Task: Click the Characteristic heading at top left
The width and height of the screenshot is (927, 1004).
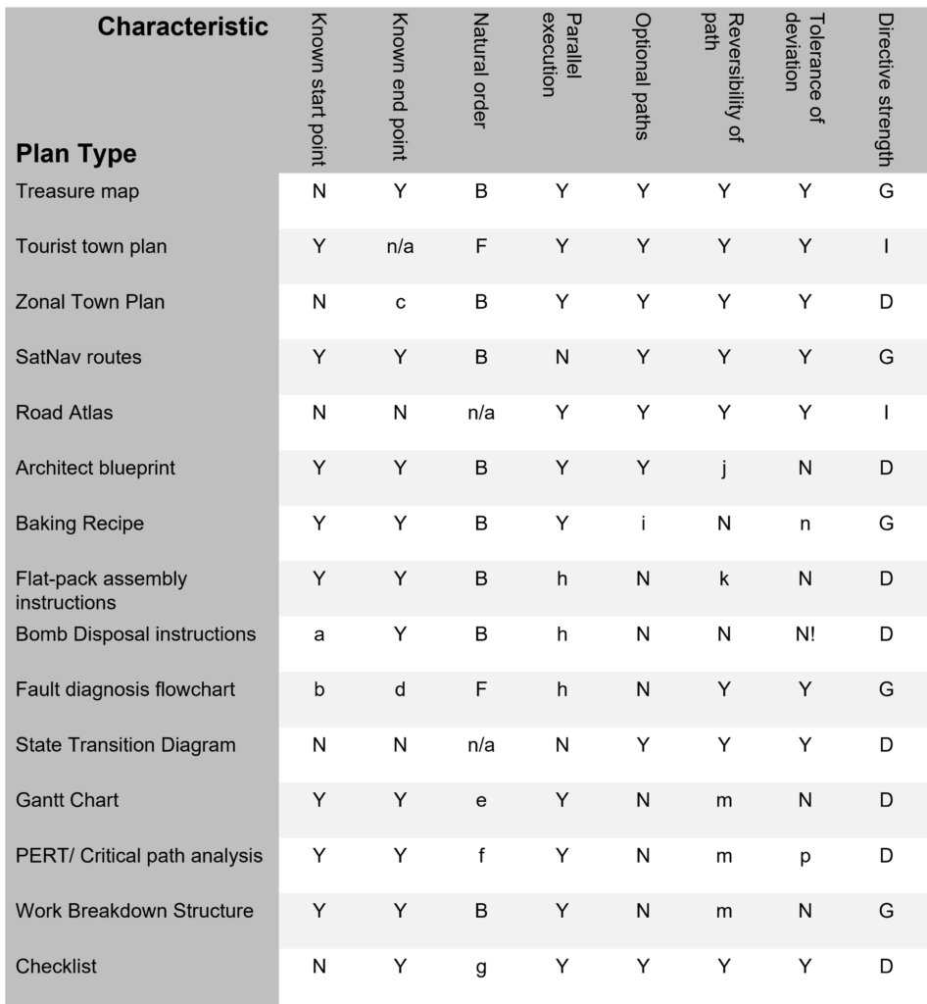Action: click(x=182, y=26)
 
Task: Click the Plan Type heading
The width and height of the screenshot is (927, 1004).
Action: click(x=75, y=154)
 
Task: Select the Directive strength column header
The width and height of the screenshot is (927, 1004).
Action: click(x=885, y=88)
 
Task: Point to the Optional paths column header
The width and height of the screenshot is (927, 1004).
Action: click(x=642, y=76)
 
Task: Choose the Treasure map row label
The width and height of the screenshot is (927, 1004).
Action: click(x=77, y=191)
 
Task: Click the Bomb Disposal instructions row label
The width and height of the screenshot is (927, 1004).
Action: click(x=135, y=634)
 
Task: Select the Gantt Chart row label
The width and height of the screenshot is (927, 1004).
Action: click(x=67, y=800)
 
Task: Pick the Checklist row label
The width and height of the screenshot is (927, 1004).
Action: click(x=56, y=966)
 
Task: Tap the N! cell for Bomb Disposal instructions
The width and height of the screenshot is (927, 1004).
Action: click(x=805, y=635)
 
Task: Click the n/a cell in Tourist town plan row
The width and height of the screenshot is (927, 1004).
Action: click(x=400, y=247)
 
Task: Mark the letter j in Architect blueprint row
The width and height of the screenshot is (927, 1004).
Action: click(x=723, y=469)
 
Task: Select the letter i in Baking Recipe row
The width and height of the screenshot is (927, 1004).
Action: click(x=643, y=524)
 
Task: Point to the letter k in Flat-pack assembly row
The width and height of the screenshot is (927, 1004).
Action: click(x=723, y=579)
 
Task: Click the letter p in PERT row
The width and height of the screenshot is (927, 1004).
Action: click(x=805, y=857)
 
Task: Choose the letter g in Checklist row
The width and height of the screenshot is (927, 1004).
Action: click(x=481, y=968)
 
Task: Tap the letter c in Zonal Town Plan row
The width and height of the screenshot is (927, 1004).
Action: click(x=400, y=303)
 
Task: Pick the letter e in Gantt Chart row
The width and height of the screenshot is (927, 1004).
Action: click(x=481, y=801)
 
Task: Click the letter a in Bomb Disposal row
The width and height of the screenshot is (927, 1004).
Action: click(x=319, y=635)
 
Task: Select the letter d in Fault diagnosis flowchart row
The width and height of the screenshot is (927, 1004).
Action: click(x=400, y=690)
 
